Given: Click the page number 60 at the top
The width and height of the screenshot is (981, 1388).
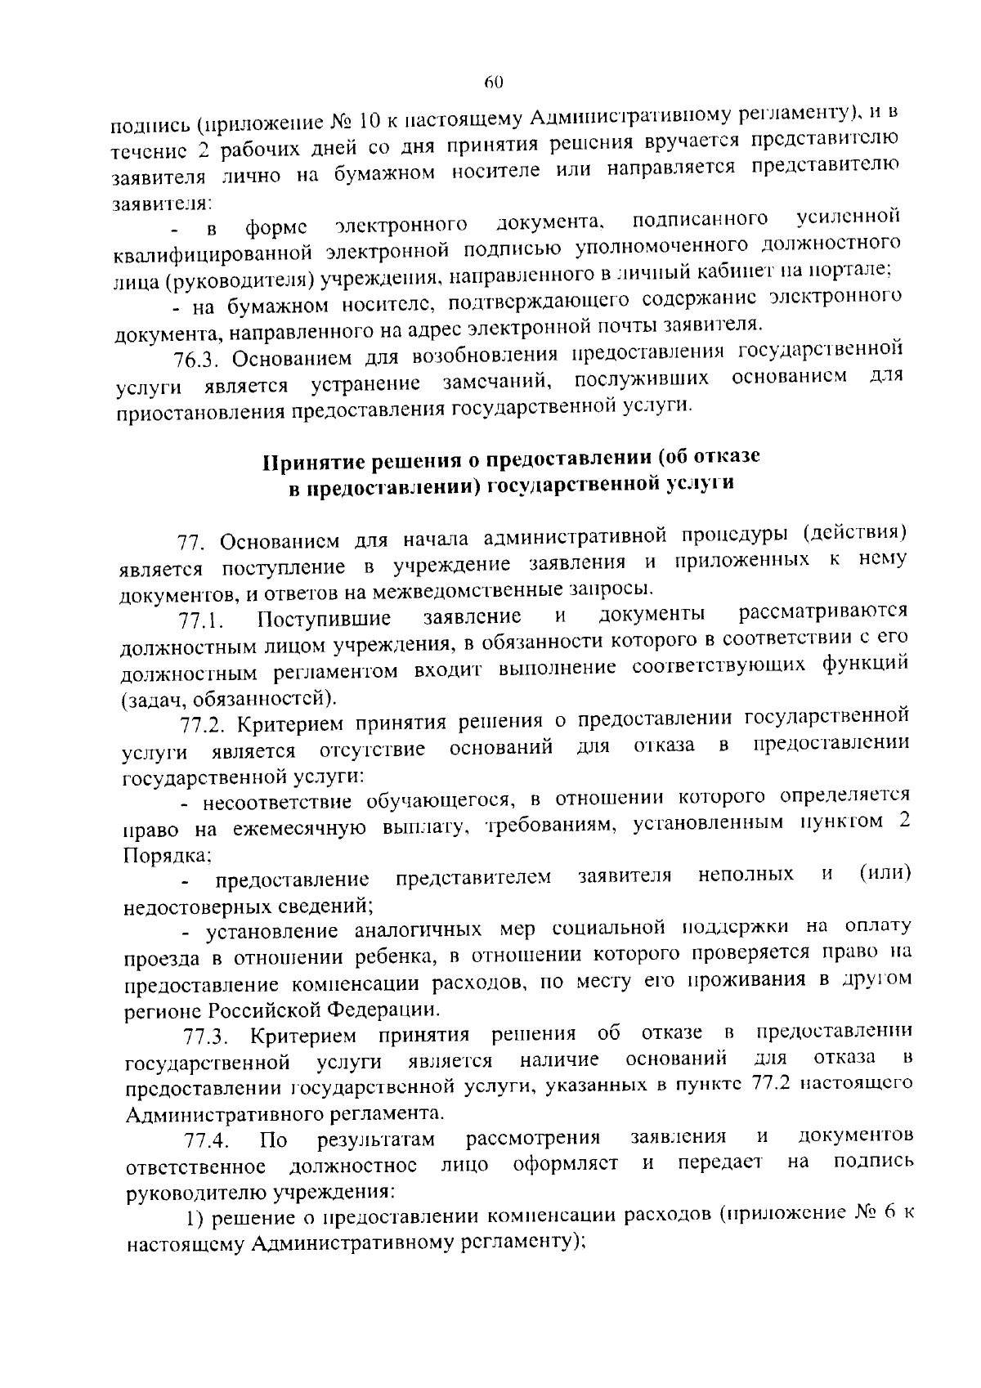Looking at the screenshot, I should point(493,82).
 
